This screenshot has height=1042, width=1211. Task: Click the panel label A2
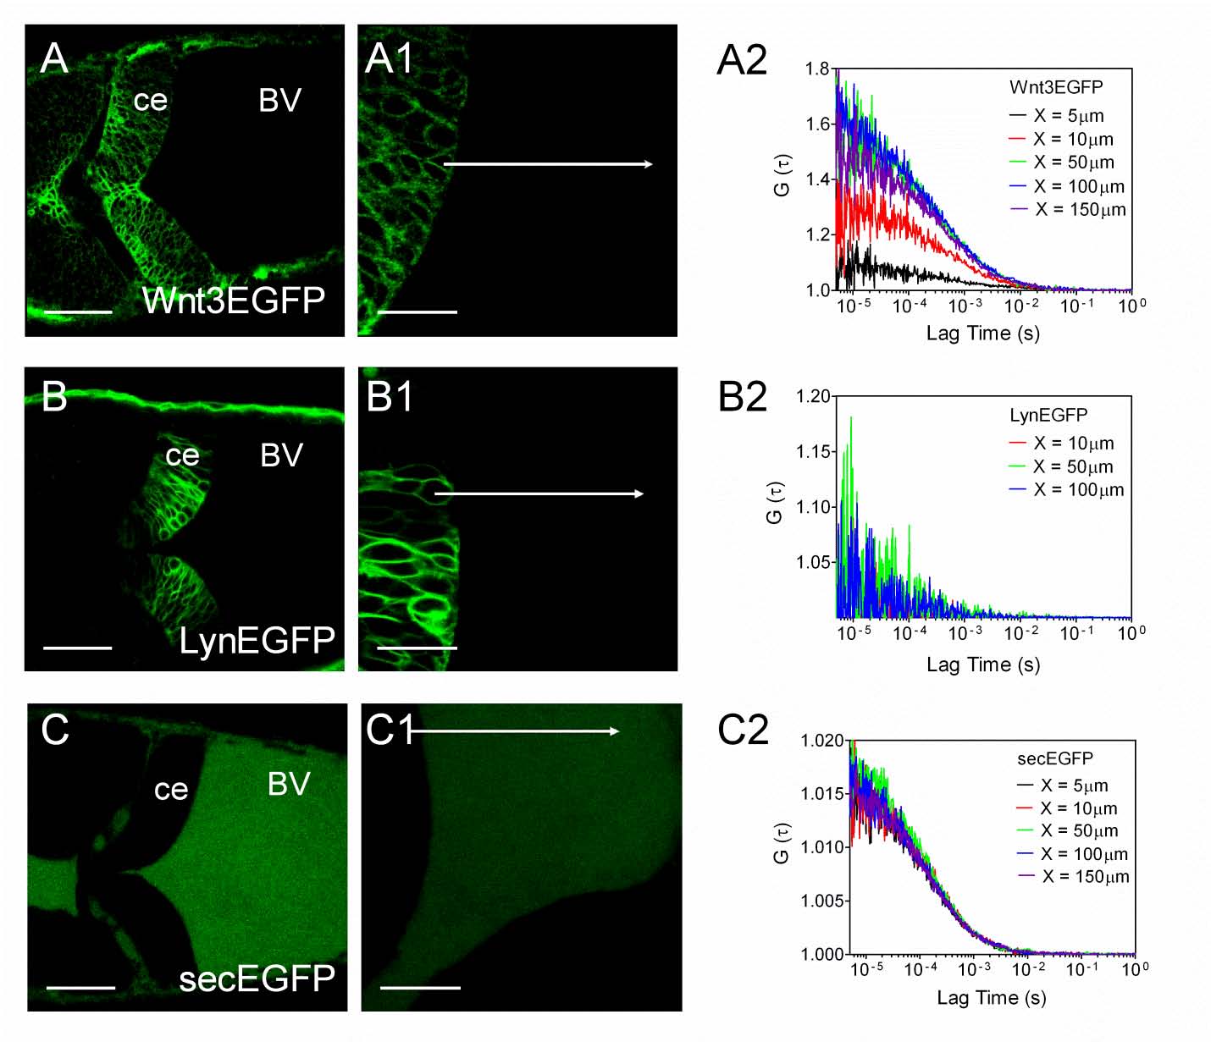tap(742, 61)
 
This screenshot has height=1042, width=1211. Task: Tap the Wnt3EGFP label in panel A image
tap(234, 300)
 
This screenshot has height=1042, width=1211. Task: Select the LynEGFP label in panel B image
tap(257, 641)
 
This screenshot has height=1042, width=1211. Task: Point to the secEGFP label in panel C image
tap(257, 979)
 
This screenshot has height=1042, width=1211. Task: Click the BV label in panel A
tap(279, 101)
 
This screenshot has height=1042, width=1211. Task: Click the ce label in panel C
tap(171, 789)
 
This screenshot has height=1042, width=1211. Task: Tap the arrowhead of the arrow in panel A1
tap(649, 164)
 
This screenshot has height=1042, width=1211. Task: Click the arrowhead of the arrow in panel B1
tap(640, 493)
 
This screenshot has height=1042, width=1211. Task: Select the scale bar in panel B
tap(77, 648)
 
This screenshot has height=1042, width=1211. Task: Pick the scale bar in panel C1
tap(420, 987)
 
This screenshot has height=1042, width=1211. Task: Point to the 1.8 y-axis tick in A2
tap(817, 69)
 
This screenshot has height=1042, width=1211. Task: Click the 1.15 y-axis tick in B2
tap(813, 452)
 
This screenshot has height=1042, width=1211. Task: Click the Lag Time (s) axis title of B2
tap(982, 664)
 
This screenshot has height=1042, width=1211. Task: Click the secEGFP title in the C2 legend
tap(1054, 758)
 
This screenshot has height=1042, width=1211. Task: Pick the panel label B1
tap(390, 397)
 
